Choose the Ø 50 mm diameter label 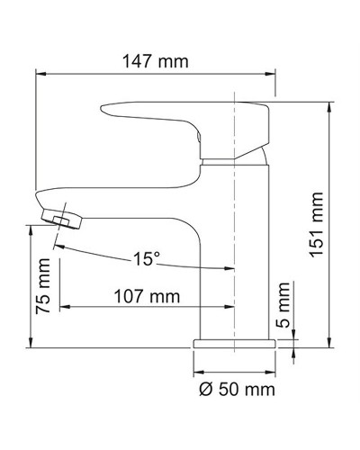(235, 390)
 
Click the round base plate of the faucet (234, 343)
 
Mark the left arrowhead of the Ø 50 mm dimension (199, 372)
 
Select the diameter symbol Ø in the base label (202, 390)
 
